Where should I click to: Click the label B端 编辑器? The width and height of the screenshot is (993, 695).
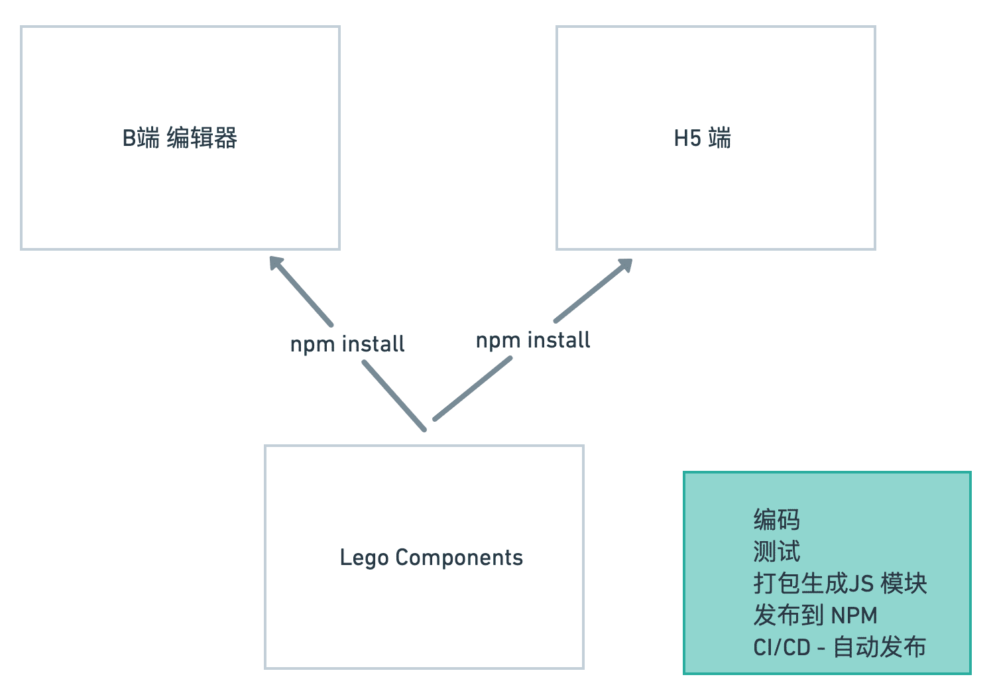pos(180,138)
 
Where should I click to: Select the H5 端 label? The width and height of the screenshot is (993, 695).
pos(702,138)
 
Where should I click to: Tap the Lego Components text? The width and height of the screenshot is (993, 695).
pos(431,557)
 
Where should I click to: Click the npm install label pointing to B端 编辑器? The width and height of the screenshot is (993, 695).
pos(347,344)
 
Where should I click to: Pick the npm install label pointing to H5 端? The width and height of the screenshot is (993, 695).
pos(533,340)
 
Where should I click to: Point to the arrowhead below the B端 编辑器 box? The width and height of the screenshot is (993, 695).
pos(277,265)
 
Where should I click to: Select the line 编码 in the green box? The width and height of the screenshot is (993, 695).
pos(776,519)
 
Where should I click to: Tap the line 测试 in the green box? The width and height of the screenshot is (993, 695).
pos(776,551)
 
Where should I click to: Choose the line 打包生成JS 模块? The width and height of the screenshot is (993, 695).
pos(839,583)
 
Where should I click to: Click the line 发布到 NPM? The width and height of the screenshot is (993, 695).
pos(815,615)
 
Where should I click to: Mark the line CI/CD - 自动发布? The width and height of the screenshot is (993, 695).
pos(839,647)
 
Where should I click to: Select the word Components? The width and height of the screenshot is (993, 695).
pos(459,557)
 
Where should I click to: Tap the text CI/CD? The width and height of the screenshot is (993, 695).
pos(782,647)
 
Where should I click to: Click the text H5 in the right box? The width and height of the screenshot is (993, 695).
pos(687,138)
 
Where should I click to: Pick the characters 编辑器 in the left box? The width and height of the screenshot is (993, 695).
pos(202,138)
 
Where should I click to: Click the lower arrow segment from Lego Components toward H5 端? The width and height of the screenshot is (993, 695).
pos(472,389)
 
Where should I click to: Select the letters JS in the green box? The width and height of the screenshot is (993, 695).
pos(861,583)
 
